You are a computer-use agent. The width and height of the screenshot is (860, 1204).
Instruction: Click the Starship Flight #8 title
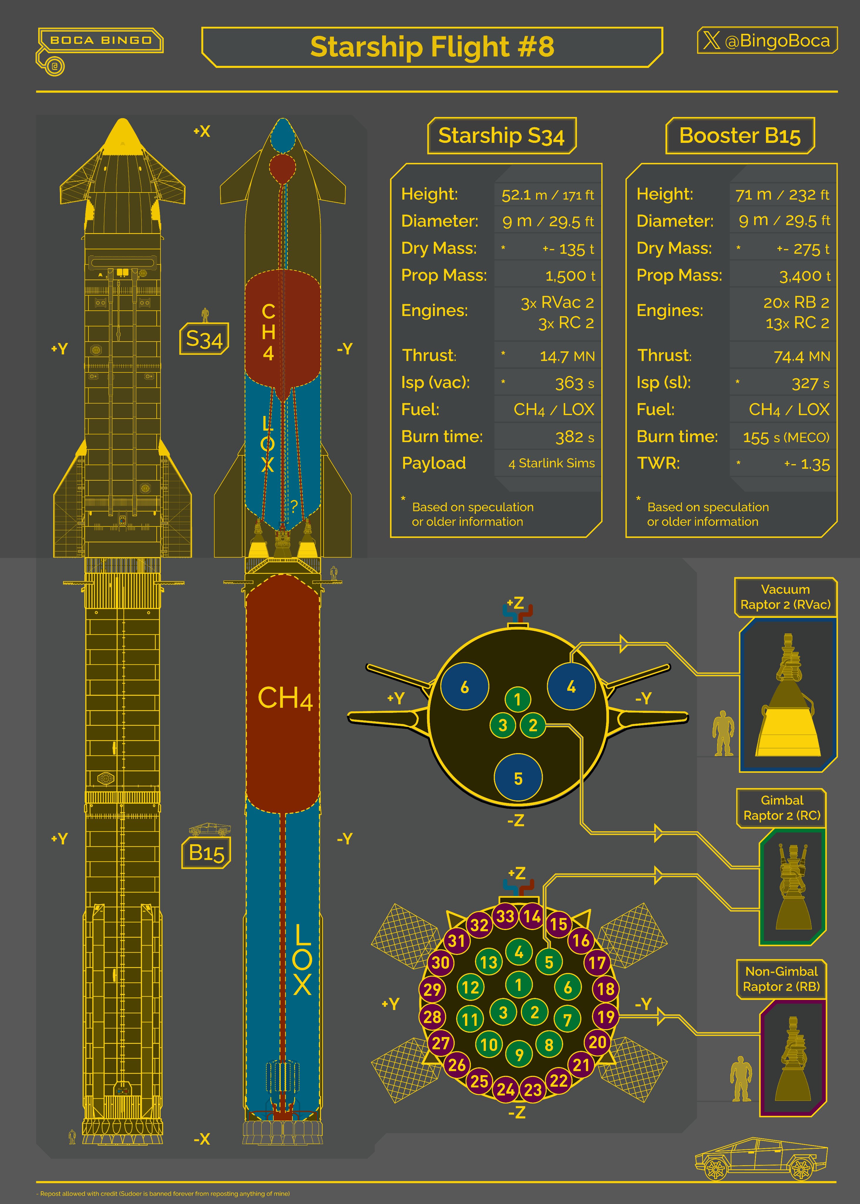point(432,47)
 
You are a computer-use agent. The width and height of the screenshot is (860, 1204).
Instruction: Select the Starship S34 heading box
point(501,136)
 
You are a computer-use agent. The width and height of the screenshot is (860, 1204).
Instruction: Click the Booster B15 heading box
point(740,136)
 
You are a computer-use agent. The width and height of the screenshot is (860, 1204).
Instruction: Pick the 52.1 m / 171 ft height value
point(548,195)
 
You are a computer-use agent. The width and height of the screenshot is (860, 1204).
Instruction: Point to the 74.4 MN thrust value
point(802,356)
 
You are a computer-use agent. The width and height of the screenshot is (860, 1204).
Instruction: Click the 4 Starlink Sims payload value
point(551,463)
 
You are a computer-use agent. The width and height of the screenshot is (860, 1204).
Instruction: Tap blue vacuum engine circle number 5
point(518,778)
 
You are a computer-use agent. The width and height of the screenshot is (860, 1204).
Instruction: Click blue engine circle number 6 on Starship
point(464,687)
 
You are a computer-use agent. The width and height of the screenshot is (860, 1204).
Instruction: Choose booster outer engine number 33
point(505,915)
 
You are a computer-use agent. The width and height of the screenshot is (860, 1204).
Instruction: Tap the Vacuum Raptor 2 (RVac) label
point(785,597)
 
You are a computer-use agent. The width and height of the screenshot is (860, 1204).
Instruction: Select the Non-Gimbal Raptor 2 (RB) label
point(782,979)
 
